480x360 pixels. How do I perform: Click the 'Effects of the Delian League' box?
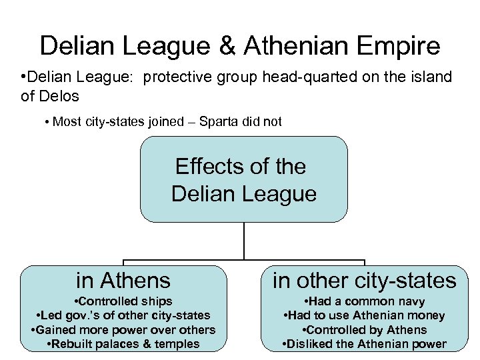pyautogui.click(x=243, y=179)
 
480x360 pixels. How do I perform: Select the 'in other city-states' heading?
pyautogui.click(x=364, y=280)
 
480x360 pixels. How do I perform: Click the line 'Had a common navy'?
pyautogui.click(x=364, y=301)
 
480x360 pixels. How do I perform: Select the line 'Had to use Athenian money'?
pyautogui.click(x=364, y=315)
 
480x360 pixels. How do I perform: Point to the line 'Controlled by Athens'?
pyautogui.click(x=364, y=330)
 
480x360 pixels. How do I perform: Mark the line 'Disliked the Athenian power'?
pyautogui.click(x=364, y=344)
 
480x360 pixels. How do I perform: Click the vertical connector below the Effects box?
pyautogui.click(x=244, y=240)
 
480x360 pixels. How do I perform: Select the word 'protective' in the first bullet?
pyautogui.click(x=175, y=77)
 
